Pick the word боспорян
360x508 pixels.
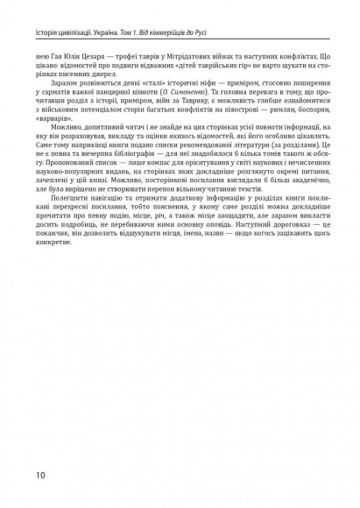point(314,104)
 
